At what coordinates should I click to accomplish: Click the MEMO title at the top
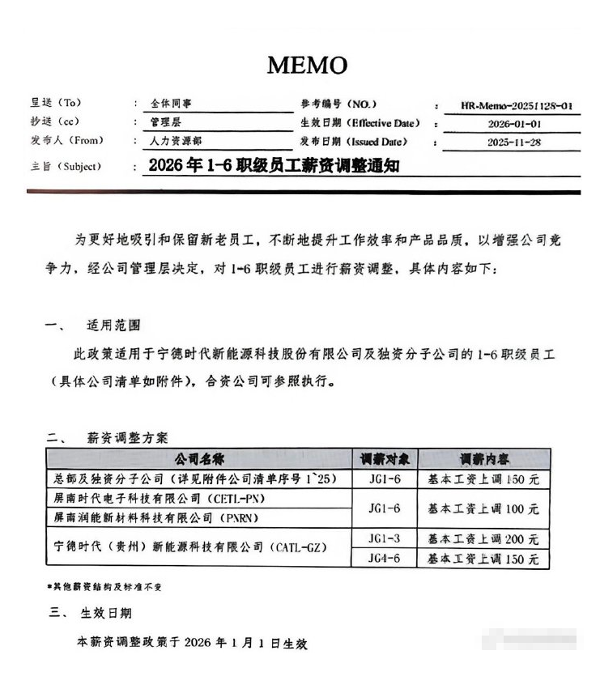pos(307,65)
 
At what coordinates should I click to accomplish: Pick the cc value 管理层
pos(165,122)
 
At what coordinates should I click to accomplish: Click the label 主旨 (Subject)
pos(64,166)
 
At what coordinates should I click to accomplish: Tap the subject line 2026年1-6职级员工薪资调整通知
pos(274,166)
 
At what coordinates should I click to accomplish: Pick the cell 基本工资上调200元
pos(483,538)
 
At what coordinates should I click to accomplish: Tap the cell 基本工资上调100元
pos(483,508)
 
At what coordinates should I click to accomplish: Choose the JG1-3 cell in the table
pos(383,538)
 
